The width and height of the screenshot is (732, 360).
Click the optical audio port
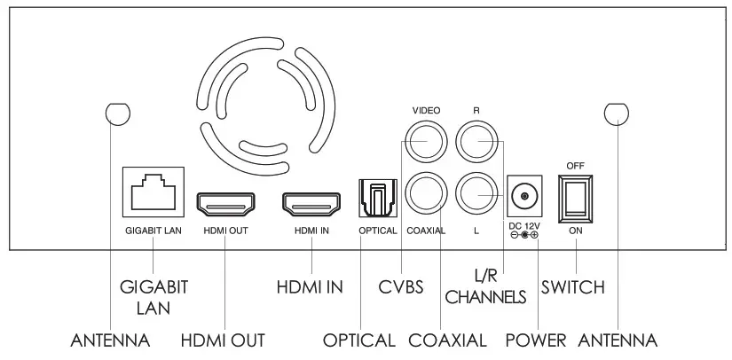[376, 199]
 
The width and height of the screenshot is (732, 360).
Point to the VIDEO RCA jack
[421, 141]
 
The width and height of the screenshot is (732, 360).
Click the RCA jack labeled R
[476, 141]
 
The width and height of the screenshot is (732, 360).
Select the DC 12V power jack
[523, 195]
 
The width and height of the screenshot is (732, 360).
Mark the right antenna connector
[614, 113]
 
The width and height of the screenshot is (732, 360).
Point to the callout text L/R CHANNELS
[486, 287]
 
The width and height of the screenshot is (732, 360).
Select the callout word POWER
[535, 340]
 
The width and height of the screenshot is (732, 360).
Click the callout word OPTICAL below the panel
[358, 340]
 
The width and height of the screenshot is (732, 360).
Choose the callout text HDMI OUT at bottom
[223, 340]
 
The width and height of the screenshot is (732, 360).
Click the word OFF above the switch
[575, 165]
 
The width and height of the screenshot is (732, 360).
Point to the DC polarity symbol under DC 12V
[523, 235]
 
